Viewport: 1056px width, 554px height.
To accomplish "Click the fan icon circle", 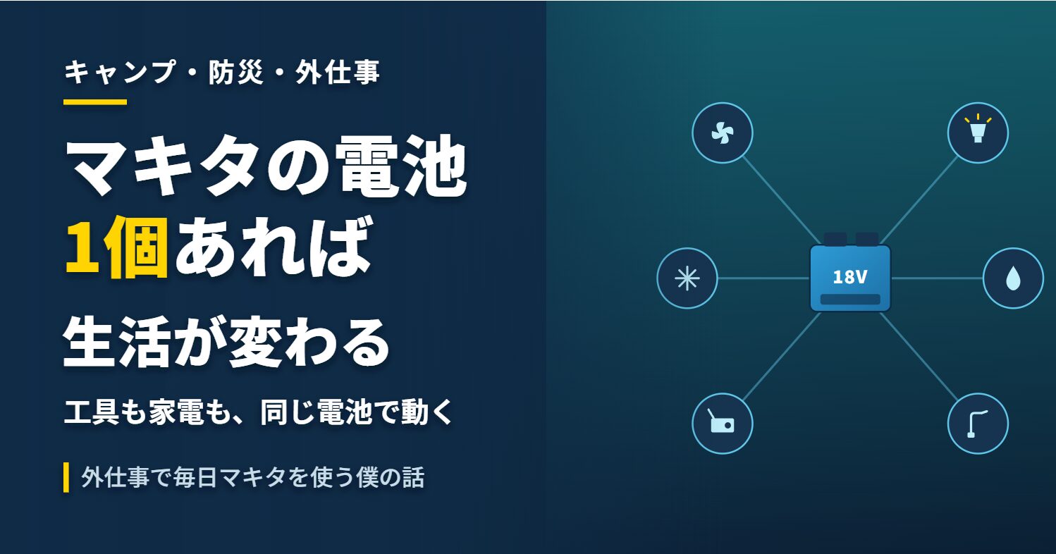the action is pos(723,133).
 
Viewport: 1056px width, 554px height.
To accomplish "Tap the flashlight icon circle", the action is pos(978,133).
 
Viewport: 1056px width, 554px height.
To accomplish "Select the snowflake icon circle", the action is pos(687,278).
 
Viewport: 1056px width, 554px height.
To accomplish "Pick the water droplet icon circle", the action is pos(1013,278).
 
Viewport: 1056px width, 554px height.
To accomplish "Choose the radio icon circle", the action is pos(723,424).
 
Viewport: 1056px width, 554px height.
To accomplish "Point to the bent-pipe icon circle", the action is pos(978,424).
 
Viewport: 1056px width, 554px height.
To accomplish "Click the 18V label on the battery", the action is pos(849,277).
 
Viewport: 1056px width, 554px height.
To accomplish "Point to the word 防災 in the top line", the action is pos(235,72).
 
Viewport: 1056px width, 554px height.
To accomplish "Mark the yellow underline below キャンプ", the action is pos(95,101).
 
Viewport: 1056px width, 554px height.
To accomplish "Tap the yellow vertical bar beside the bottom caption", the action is pos(66,477).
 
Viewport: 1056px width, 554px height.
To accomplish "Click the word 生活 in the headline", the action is pos(117,343).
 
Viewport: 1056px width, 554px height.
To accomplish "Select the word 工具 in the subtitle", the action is pos(92,412).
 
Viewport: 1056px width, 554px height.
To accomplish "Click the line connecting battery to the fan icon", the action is pos(782,199).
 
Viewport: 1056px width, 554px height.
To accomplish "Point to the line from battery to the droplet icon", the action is pos(937,278).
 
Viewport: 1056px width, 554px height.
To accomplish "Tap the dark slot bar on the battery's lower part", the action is pos(850,300).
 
